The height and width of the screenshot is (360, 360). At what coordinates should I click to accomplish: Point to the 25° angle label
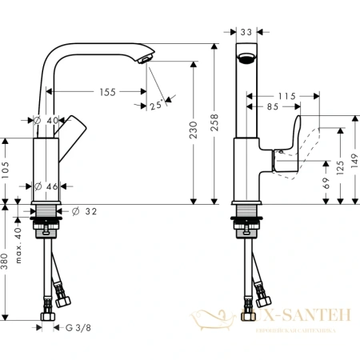(154, 102)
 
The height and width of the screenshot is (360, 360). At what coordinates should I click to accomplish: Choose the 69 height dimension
(327, 180)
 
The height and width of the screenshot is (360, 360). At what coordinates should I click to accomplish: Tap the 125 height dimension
(342, 169)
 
